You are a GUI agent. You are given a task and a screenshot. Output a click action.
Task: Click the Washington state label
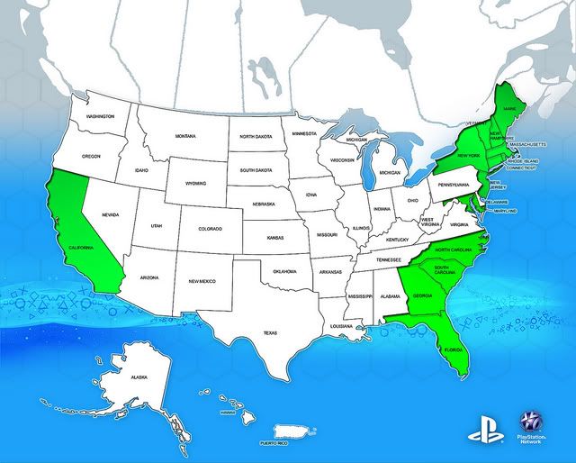pyautogui.click(x=100, y=117)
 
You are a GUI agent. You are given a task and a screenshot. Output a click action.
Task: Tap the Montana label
pyautogui.click(x=185, y=136)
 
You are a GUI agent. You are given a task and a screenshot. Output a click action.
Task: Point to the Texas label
pyautogui.click(x=270, y=331)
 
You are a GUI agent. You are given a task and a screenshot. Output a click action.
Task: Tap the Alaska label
pyautogui.click(x=139, y=377)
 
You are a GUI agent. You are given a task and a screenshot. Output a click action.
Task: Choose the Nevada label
pyautogui.click(x=111, y=214)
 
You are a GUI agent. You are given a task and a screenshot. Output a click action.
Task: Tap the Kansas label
pyautogui.click(x=278, y=238)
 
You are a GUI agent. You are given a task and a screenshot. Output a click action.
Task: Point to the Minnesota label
pyautogui.click(x=304, y=133)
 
